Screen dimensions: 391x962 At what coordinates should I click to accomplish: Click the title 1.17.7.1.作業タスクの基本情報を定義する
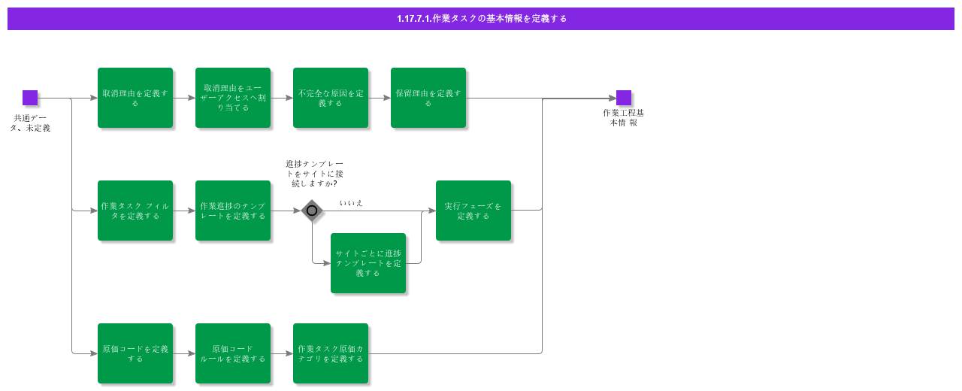(x=481, y=19)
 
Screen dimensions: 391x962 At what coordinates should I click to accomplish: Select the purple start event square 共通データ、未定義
(x=30, y=98)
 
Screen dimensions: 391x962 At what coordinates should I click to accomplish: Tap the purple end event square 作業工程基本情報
(x=624, y=98)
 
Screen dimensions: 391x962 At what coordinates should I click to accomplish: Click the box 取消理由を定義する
(x=135, y=98)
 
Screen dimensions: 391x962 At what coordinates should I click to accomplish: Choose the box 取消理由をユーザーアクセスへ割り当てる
(x=233, y=98)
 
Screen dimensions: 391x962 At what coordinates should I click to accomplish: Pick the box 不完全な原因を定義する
(x=331, y=98)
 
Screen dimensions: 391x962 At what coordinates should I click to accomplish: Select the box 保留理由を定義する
(x=428, y=98)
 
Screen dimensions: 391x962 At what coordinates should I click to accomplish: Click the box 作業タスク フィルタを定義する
(x=135, y=211)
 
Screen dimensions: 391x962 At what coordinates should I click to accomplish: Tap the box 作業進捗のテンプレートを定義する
(x=233, y=211)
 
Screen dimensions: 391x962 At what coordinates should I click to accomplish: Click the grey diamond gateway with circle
(x=312, y=211)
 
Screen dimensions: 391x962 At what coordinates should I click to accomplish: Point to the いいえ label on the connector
(x=351, y=203)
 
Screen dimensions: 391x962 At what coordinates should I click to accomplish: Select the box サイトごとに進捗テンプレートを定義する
(x=368, y=263)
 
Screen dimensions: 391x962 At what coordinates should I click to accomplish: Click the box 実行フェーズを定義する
(x=473, y=211)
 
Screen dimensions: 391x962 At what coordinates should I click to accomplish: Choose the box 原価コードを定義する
(x=135, y=353)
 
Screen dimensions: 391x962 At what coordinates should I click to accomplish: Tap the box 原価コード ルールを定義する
(x=233, y=353)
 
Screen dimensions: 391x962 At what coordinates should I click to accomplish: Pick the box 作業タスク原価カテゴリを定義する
(x=331, y=353)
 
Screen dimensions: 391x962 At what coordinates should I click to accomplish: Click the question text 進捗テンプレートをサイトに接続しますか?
(x=315, y=174)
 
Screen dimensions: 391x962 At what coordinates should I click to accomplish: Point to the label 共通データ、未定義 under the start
(x=30, y=123)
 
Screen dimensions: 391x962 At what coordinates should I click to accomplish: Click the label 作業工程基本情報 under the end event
(x=624, y=118)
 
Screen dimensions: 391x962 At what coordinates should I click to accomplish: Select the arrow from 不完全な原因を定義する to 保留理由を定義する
(x=380, y=98)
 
